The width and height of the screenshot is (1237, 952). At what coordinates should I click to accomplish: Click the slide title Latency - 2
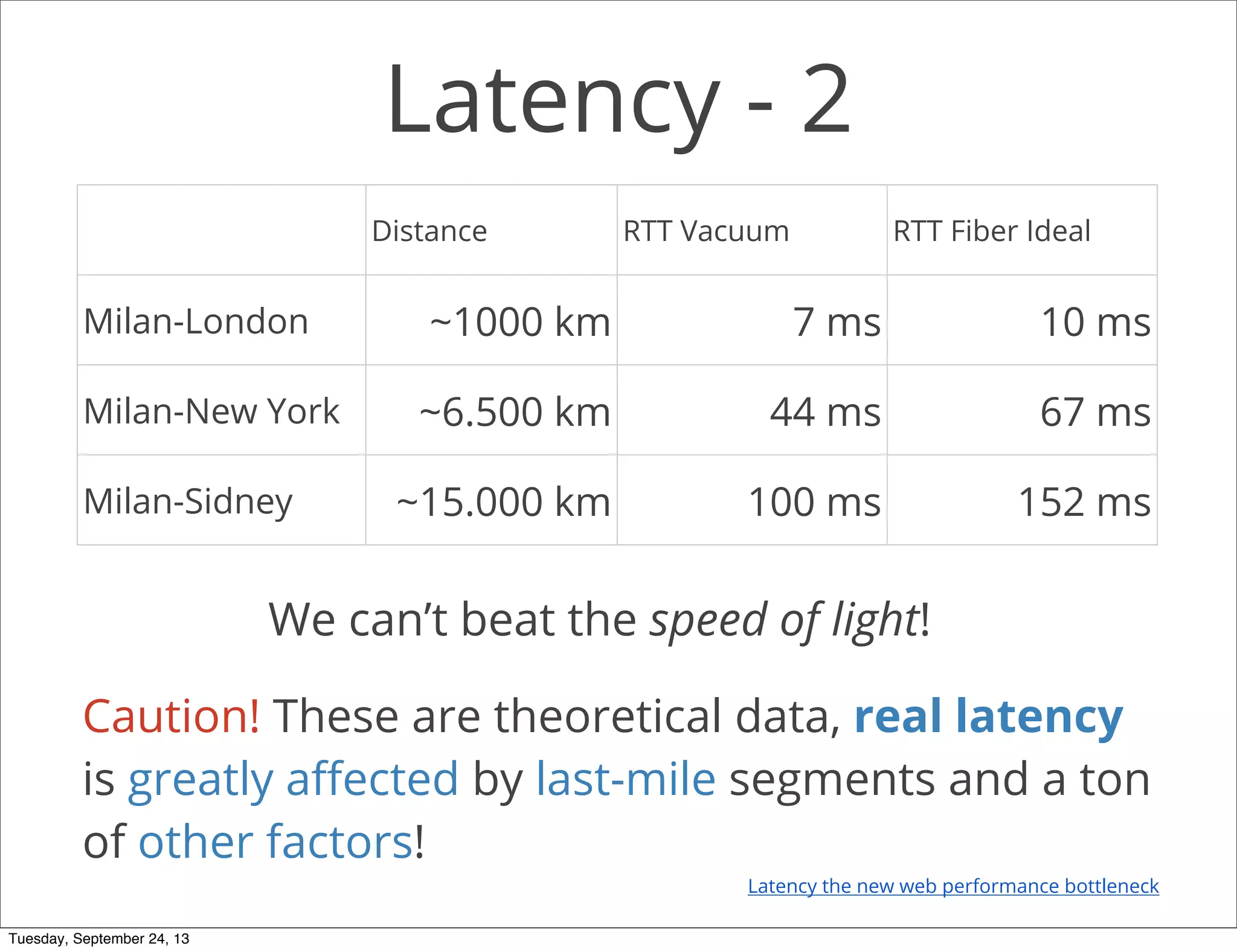point(618,100)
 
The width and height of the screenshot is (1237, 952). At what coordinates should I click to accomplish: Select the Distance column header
point(429,231)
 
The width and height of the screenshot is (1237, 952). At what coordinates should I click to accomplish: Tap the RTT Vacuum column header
point(705,231)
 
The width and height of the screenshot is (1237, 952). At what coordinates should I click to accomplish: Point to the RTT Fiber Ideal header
point(991,231)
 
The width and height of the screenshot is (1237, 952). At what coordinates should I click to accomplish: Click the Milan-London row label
point(196,321)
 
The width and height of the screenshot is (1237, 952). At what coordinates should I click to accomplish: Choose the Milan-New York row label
point(211,411)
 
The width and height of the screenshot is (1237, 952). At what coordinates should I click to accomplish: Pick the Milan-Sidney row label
point(188,501)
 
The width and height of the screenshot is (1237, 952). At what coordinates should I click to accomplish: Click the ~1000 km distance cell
point(519,321)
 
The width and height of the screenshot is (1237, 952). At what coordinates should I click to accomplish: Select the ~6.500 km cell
point(515,412)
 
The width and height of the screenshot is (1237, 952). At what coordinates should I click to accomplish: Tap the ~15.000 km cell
point(503,502)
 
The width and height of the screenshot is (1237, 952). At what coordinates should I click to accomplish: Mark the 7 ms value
point(836,321)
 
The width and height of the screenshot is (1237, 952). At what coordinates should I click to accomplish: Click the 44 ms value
point(825,412)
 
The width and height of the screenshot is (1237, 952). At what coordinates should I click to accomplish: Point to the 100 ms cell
point(814,502)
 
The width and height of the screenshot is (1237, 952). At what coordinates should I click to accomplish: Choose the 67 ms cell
point(1095,412)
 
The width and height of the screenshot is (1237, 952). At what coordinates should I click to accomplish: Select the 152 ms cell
point(1084,502)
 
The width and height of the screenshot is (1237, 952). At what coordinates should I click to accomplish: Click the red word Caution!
point(172,716)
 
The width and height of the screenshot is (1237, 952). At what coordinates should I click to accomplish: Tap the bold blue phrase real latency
point(988,716)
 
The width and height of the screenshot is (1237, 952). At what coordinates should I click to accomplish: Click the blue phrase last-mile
point(626,779)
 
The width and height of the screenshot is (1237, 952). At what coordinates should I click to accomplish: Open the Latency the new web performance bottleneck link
point(953,886)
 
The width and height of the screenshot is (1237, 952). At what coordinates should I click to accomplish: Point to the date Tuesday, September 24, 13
point(99,939)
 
